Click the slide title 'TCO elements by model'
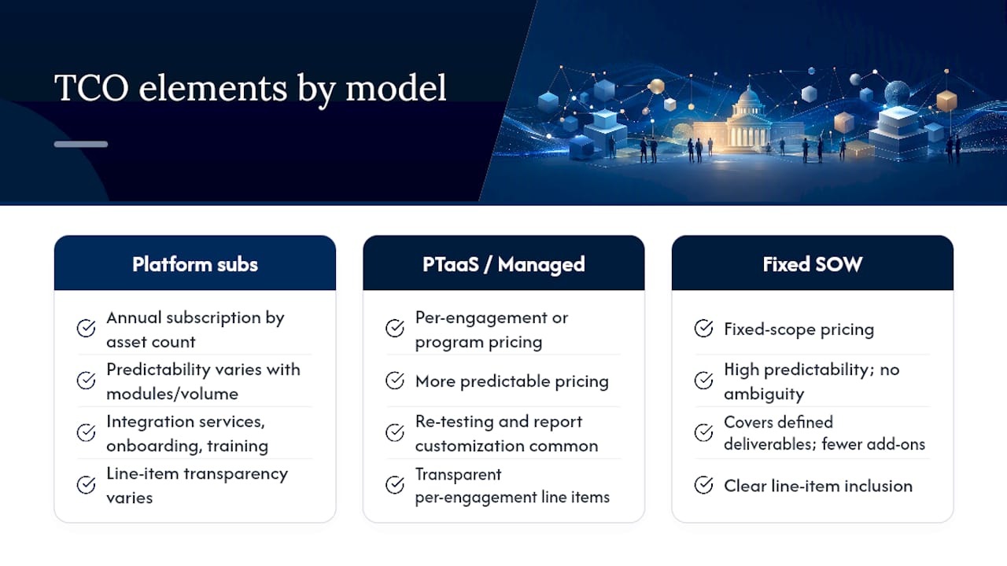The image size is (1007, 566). click(250, 89)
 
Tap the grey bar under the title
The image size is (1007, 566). click(81, 144)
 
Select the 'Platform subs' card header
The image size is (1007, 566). click(194, 263)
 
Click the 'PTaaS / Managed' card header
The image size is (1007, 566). click(503, 263)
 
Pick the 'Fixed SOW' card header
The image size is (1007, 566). click(813, 263)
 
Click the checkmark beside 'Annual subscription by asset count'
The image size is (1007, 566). click(86, 328)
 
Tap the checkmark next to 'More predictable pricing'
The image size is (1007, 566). click(395, 380)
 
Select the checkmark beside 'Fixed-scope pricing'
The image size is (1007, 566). click(703, 329)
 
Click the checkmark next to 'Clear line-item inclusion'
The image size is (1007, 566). click(703, 485)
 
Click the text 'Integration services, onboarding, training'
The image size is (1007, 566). click(187, 433)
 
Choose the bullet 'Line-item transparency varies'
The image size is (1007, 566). click(197, 486)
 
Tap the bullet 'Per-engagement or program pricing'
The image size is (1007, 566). click(492, 329)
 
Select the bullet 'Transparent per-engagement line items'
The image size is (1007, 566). click(512, 486)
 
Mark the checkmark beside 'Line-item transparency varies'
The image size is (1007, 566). click(86, 485)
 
